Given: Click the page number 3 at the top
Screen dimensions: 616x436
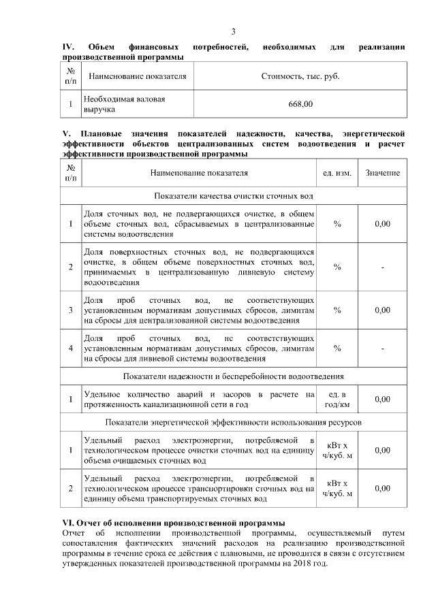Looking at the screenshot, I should [x=233, y=32].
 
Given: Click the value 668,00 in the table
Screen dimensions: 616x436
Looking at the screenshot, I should [x=300, y=104].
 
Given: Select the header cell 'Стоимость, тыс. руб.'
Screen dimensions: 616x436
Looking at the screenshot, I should [x=300, y=76].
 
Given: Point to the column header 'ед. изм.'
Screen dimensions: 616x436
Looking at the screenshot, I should [x=337, y=174].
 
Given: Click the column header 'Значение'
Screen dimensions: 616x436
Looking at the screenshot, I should [x=382, y=174].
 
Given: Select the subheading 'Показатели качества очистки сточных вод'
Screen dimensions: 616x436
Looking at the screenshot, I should [x=234, y=196].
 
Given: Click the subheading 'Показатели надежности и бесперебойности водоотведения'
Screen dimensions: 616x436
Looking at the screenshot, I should [x=234, y=376].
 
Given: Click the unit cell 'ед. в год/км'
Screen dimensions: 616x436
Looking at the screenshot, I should [x=337, y=400].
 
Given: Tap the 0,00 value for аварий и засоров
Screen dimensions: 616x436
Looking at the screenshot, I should [x=382, y=400].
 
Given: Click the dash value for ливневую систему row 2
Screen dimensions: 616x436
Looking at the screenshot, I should [x=382, y=267].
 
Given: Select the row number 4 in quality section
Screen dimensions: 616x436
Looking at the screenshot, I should [x=71, y=348].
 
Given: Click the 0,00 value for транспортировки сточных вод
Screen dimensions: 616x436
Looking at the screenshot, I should [x=382, y=488].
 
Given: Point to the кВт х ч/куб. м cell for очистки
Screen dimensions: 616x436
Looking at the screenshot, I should [x=337, y=451].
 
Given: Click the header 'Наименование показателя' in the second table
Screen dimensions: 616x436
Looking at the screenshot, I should [x=198, y=174].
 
